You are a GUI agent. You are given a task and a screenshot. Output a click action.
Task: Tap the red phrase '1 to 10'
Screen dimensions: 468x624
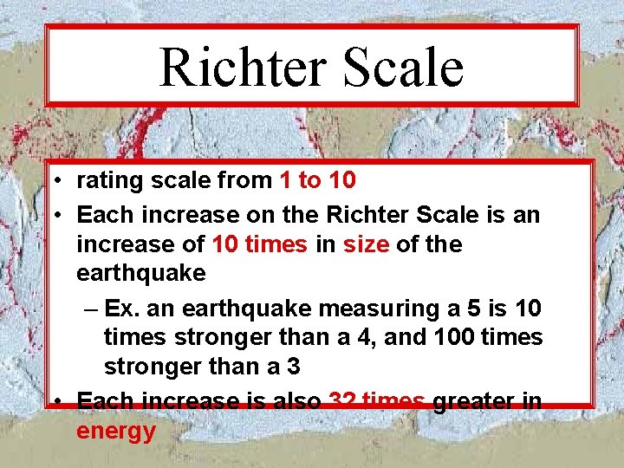click(317, 181)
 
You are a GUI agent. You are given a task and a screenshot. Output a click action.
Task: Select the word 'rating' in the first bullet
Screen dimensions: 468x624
click(104, 181)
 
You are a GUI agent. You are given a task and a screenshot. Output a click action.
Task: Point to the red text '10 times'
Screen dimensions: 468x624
click(259, 244)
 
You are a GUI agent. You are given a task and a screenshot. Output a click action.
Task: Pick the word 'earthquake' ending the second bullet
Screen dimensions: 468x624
click(141, 274)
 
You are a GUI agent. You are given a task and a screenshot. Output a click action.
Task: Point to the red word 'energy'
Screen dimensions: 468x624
click(116, 431)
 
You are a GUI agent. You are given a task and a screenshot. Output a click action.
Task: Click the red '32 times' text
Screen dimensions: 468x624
click(376, 401)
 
